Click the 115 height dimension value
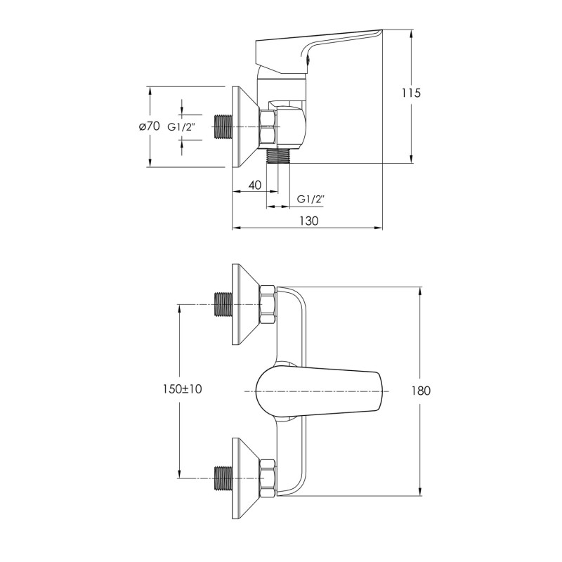point(410,93)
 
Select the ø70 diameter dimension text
point(149,126)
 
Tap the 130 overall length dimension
point(308,220)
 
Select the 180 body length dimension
point(421,391)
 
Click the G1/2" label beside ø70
point(182,126)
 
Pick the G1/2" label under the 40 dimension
point(311,200)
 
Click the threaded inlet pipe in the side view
point(222,126)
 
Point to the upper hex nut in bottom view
point(268,303)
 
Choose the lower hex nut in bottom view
point(268,479)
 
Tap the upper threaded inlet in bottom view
point(222,303)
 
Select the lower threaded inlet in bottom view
point(222,479)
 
